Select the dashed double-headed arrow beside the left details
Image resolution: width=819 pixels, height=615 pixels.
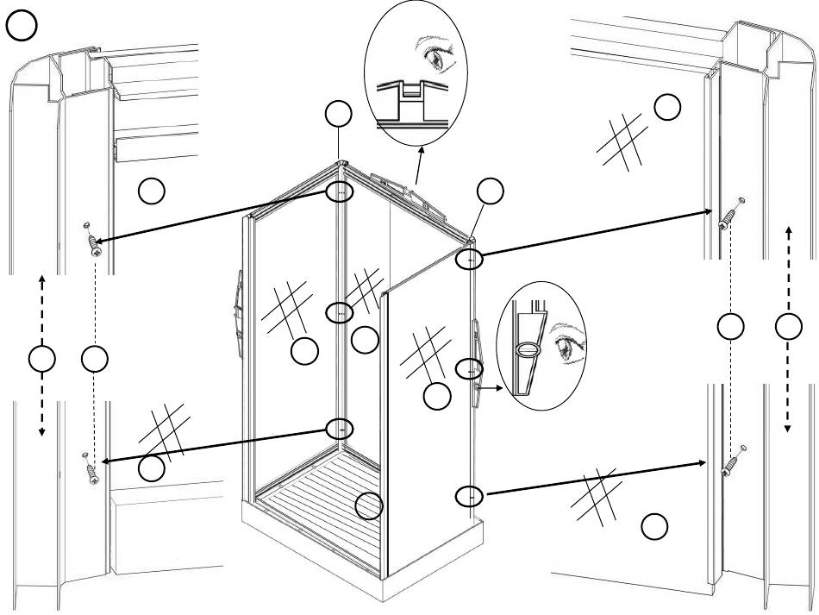click(41, 359)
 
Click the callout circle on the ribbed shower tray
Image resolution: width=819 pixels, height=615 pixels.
click(370, 505)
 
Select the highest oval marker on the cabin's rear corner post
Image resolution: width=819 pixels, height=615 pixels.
click(341, 191)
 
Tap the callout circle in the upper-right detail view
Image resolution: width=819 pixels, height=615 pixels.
click(667, 107)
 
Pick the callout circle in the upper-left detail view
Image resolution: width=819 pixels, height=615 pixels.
click(153, 191)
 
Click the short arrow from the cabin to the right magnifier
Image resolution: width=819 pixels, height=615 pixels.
click(491, 389)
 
